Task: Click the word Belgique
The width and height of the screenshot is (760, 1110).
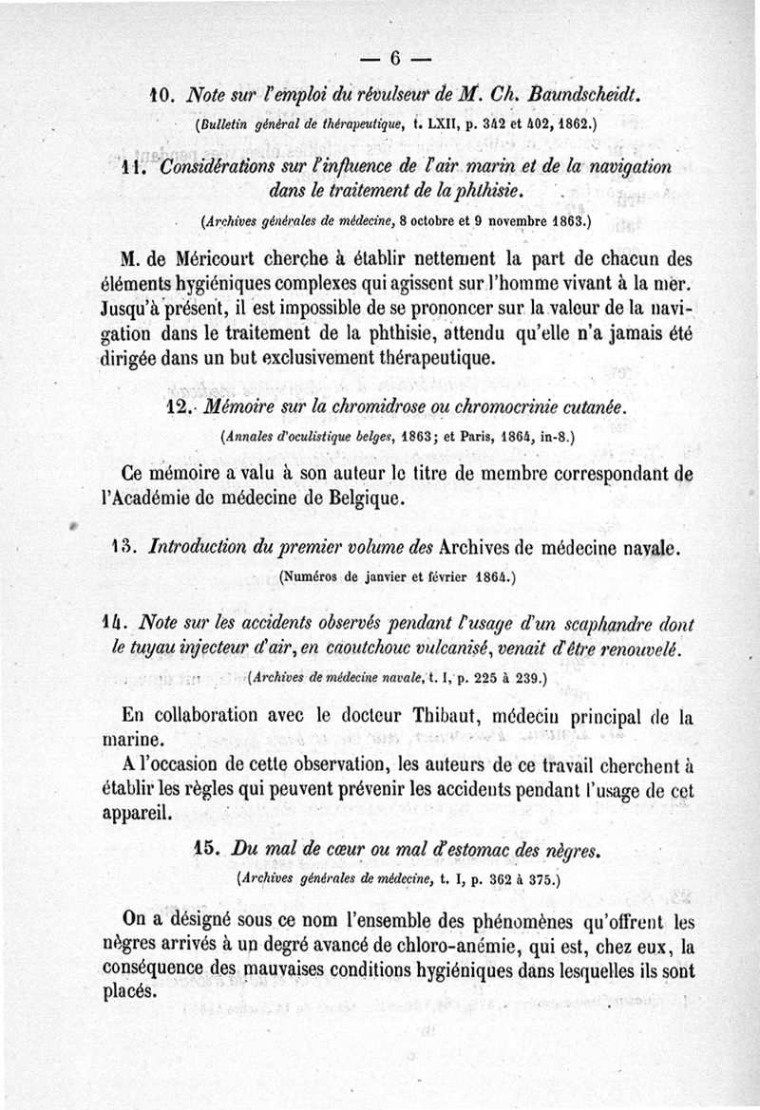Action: click(373, 497)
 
